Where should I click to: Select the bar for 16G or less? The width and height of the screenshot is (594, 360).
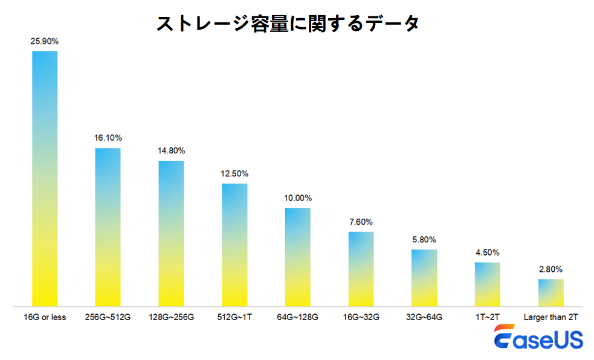pos(45,178)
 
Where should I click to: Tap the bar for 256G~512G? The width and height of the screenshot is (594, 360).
pos(108,227)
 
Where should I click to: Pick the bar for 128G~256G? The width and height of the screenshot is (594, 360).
pos(171,233)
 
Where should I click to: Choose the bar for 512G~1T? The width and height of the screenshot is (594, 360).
pos(234,245)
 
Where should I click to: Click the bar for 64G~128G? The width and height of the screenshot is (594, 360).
pos(297,257)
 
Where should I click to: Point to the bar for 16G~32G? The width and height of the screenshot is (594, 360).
pos(361,269)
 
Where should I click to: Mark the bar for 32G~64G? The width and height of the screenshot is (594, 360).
pos(424,277)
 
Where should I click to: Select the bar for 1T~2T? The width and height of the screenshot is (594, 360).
pos(487,284)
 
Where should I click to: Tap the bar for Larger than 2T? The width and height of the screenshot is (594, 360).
pos(550,292)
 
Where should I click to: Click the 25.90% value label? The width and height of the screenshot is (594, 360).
pos(45,42)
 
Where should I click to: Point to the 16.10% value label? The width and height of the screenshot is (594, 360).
pos(108,138)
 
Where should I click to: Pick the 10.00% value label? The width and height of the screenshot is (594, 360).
pos(298,198)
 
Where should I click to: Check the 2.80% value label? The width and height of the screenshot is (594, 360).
pos(550,269)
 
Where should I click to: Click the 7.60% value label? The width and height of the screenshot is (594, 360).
pos(361,222)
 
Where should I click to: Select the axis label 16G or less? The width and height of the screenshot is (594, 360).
pos(45,317)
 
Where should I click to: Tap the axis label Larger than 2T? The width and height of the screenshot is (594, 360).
pos(550,317)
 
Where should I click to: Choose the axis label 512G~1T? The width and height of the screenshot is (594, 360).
pos(234,317)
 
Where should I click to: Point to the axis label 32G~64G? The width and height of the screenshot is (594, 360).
pos(424,317)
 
